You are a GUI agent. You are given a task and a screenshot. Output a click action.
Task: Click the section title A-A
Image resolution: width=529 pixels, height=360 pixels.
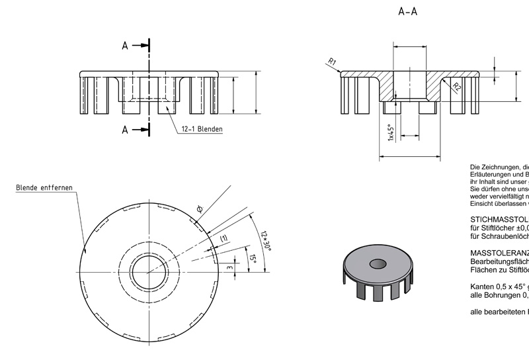(408, 11)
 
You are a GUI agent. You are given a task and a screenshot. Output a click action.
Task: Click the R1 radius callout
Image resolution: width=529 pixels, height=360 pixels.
(333, 63)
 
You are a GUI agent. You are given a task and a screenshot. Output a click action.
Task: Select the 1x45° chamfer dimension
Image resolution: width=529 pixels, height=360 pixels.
(391, 132)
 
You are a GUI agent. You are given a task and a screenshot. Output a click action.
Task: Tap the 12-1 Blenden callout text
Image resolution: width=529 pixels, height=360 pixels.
(202, 129)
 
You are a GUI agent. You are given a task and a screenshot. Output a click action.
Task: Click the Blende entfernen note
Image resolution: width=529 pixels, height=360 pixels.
(44, 187)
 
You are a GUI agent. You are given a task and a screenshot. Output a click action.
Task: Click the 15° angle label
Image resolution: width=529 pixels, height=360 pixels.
(252, 256)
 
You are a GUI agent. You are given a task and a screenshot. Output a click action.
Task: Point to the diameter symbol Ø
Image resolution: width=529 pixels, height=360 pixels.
(199, 209)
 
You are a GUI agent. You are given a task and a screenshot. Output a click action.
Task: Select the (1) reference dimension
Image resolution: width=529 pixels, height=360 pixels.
(224, 238)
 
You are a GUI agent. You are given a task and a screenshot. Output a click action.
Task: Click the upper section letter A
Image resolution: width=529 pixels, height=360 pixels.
(124, 46)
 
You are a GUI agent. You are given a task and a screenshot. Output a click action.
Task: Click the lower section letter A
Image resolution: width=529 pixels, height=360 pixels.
(124, 130)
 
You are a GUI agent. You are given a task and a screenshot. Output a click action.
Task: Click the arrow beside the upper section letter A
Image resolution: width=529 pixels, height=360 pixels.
(140, 46)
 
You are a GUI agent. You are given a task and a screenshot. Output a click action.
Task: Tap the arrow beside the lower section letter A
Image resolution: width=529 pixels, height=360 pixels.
(140, 130)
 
